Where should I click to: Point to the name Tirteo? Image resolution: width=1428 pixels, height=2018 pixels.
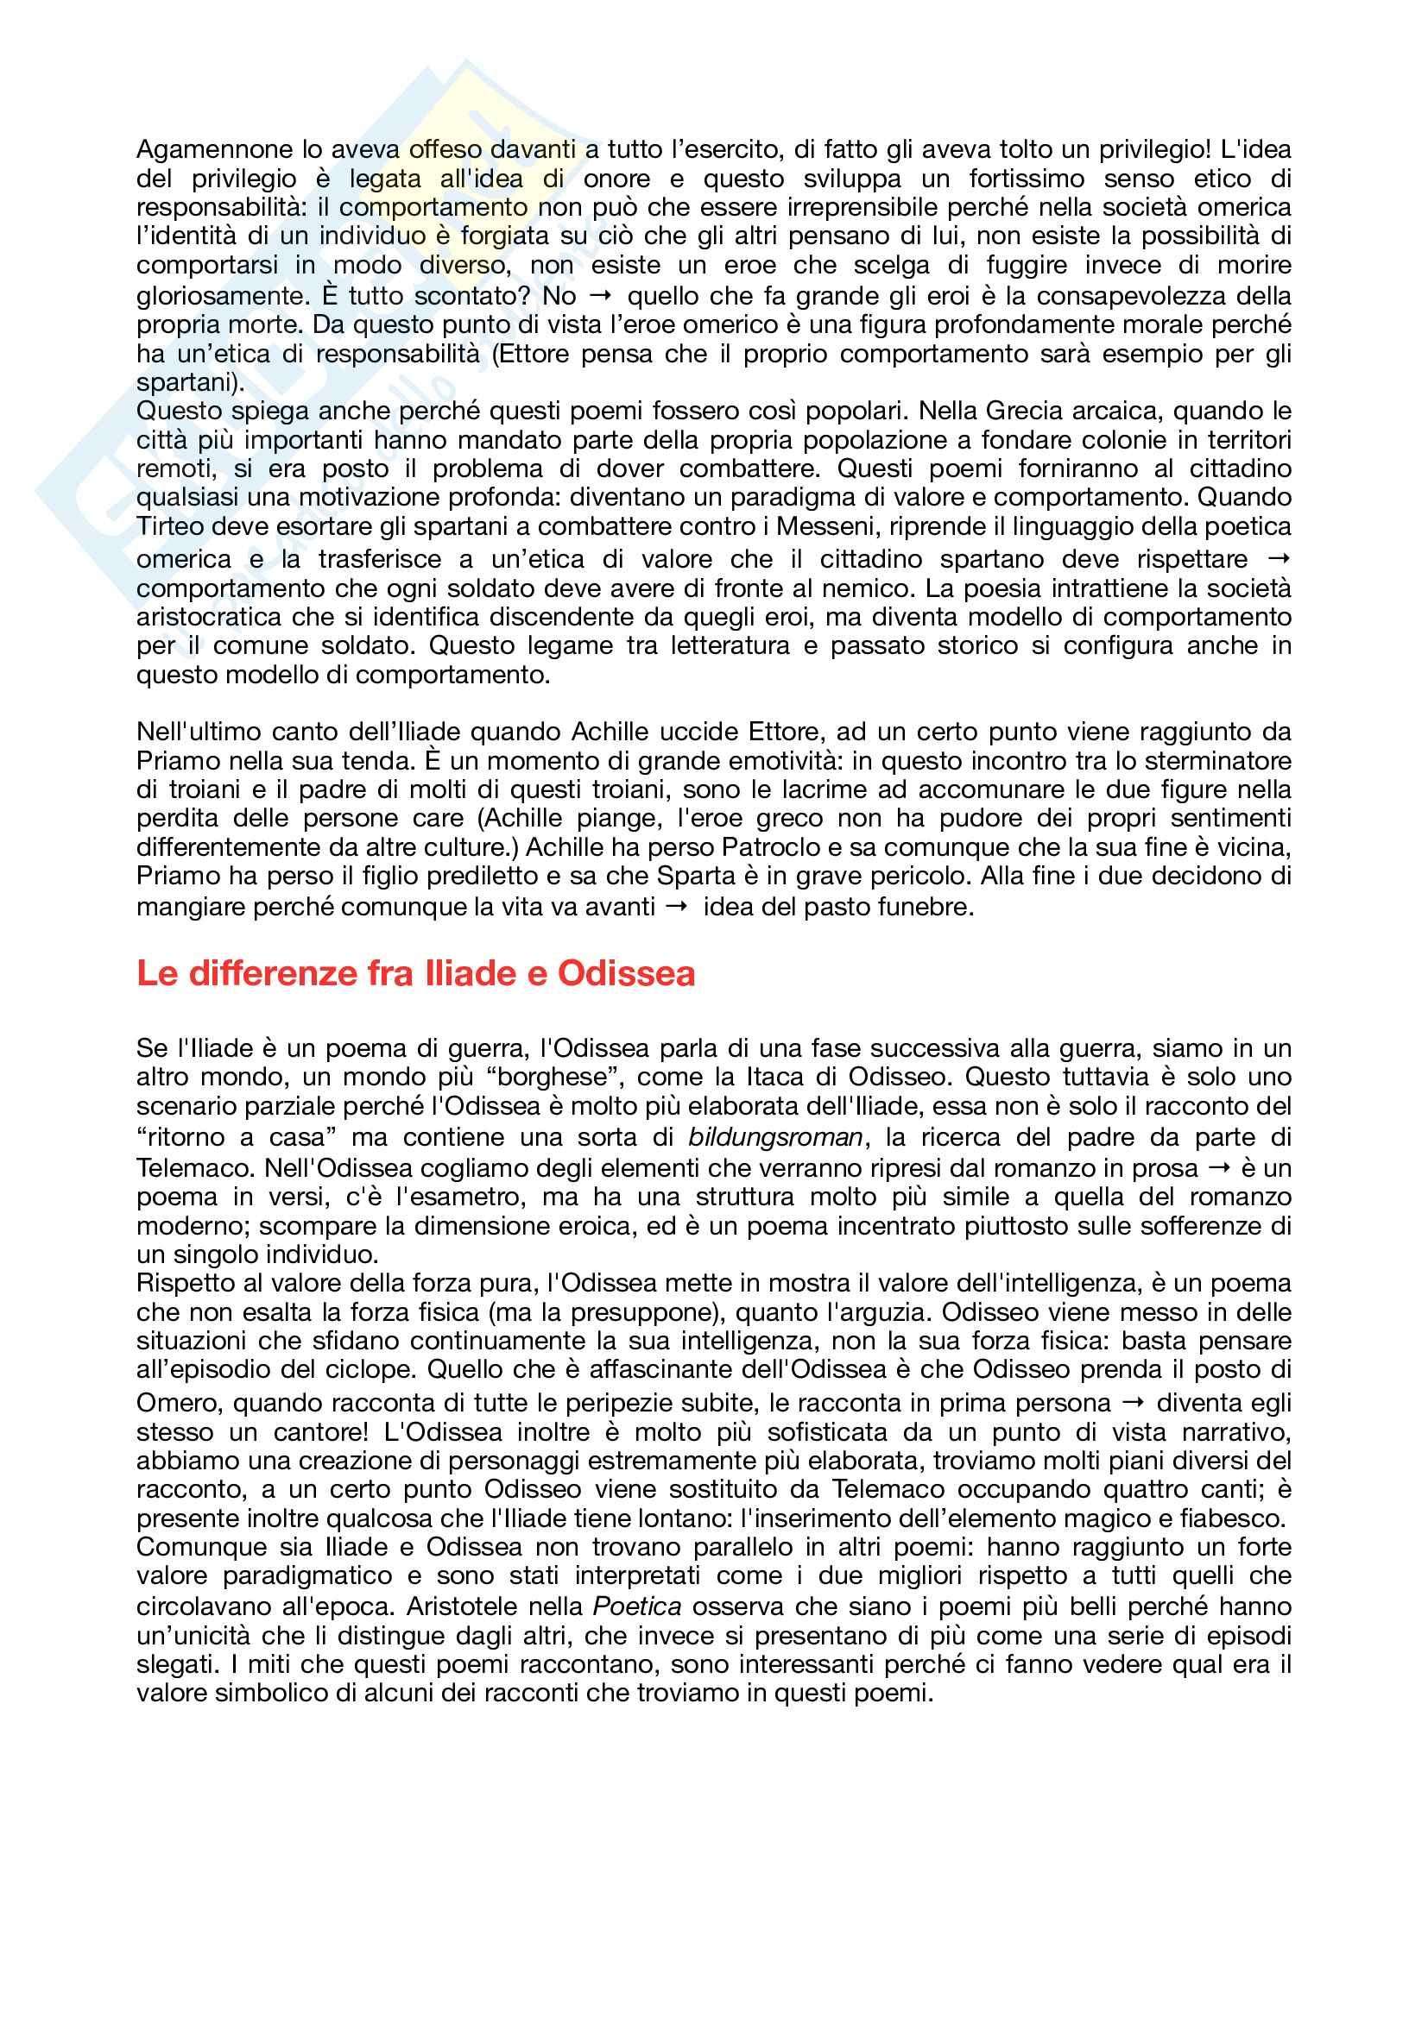[x=168, y=526]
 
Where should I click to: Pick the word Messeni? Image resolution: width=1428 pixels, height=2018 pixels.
[x=825, y=526]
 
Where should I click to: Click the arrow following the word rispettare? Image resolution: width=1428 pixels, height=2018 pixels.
[x=1280, y=558]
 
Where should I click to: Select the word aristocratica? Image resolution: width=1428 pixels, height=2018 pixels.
[x=208, y=617]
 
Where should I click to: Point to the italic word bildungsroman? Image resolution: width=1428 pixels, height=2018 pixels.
[x=774, y=1137]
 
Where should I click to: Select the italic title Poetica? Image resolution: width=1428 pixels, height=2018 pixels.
[x=636, y=1606]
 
